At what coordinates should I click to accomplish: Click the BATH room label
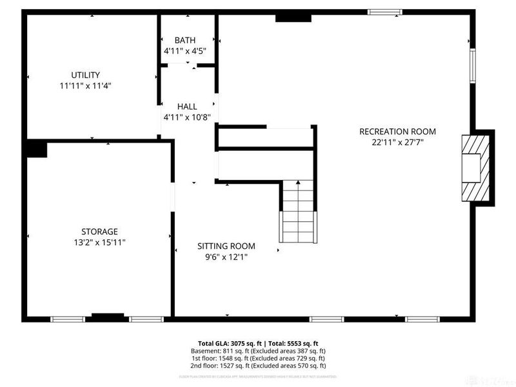[184, 40]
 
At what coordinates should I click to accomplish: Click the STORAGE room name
[99, 232]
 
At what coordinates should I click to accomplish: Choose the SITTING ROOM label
[226, 246]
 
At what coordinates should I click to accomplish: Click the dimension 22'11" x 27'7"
[397, 142]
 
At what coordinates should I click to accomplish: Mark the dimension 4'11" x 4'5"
[184, 50]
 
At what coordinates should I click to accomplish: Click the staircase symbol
[298, 211]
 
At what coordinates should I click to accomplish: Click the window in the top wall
[385, 12]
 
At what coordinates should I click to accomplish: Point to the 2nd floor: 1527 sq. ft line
[258, 366]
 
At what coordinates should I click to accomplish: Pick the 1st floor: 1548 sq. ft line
[258, 359]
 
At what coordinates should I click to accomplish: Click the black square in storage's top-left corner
[36, 149]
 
